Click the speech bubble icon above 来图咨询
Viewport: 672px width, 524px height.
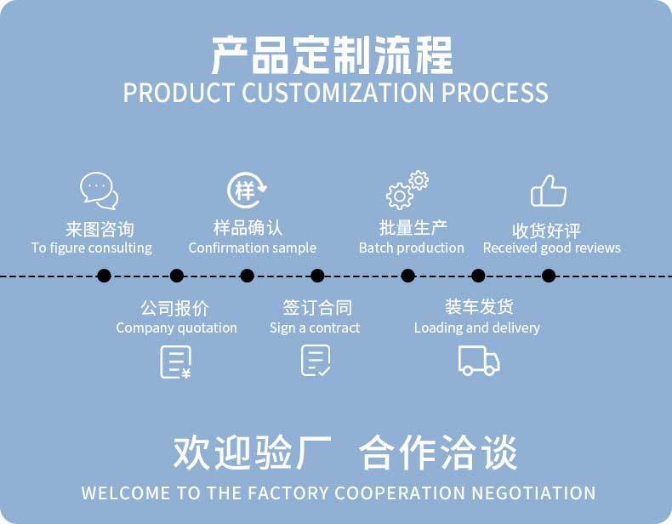point(99,191)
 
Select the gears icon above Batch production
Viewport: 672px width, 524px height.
point(407,190)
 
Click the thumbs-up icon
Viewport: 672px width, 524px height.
point(548,191)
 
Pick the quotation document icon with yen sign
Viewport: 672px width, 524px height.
point(175,362)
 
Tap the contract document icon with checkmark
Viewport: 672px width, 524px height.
point(316,361)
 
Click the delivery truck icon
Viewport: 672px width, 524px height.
point(479,360)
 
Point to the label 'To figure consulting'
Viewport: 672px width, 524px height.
point(92,248)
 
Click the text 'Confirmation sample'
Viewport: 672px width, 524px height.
point(252,248)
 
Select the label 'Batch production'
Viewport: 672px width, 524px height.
point(412,248)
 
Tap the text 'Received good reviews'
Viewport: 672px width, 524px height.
point(551,248)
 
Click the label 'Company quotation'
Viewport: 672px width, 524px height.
point(177,328)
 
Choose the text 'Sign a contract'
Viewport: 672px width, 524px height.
point(315,328)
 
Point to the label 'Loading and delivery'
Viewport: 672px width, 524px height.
point(477,328)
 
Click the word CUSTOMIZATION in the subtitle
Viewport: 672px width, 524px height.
point(339,93)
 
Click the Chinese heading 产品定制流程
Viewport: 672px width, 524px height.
point(332,54)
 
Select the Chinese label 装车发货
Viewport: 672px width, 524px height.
point(479,306)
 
